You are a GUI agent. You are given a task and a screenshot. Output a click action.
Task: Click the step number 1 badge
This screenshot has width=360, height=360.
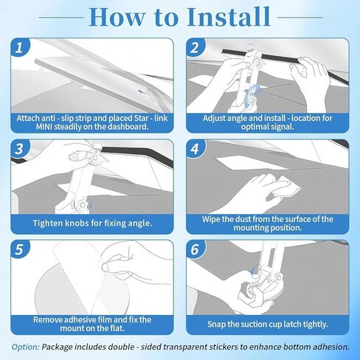tap(20, 47)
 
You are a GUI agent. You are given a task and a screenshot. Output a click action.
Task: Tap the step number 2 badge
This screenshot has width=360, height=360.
tap(195, 47)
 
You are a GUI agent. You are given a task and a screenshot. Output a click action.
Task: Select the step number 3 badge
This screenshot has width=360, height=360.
tap(20, 148)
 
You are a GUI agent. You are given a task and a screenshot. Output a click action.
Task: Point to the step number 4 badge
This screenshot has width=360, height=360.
tap(195, 148)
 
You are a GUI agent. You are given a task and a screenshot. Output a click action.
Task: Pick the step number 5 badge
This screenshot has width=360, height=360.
tap(20, 249)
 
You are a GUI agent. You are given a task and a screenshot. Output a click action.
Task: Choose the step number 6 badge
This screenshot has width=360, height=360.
tap(195, 249)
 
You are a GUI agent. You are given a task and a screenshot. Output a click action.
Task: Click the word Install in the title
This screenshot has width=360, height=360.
tap(229, 17)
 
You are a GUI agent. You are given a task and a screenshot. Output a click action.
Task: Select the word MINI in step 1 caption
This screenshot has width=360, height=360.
tap(44, 127)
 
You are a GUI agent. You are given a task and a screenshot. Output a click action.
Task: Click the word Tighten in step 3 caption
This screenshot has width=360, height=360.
tap(48, 224)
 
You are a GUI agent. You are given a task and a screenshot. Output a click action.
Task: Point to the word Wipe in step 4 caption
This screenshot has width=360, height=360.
tap(210, 219)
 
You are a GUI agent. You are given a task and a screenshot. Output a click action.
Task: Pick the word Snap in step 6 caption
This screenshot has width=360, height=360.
tap(216, 324)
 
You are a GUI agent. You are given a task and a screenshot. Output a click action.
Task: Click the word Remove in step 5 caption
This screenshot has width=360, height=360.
tap(48, 319)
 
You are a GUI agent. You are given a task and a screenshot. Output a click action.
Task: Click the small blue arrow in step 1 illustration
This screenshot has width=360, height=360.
tap(142, 92)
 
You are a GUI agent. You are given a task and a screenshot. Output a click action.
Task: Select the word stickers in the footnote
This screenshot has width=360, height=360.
tap(224, 347)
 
